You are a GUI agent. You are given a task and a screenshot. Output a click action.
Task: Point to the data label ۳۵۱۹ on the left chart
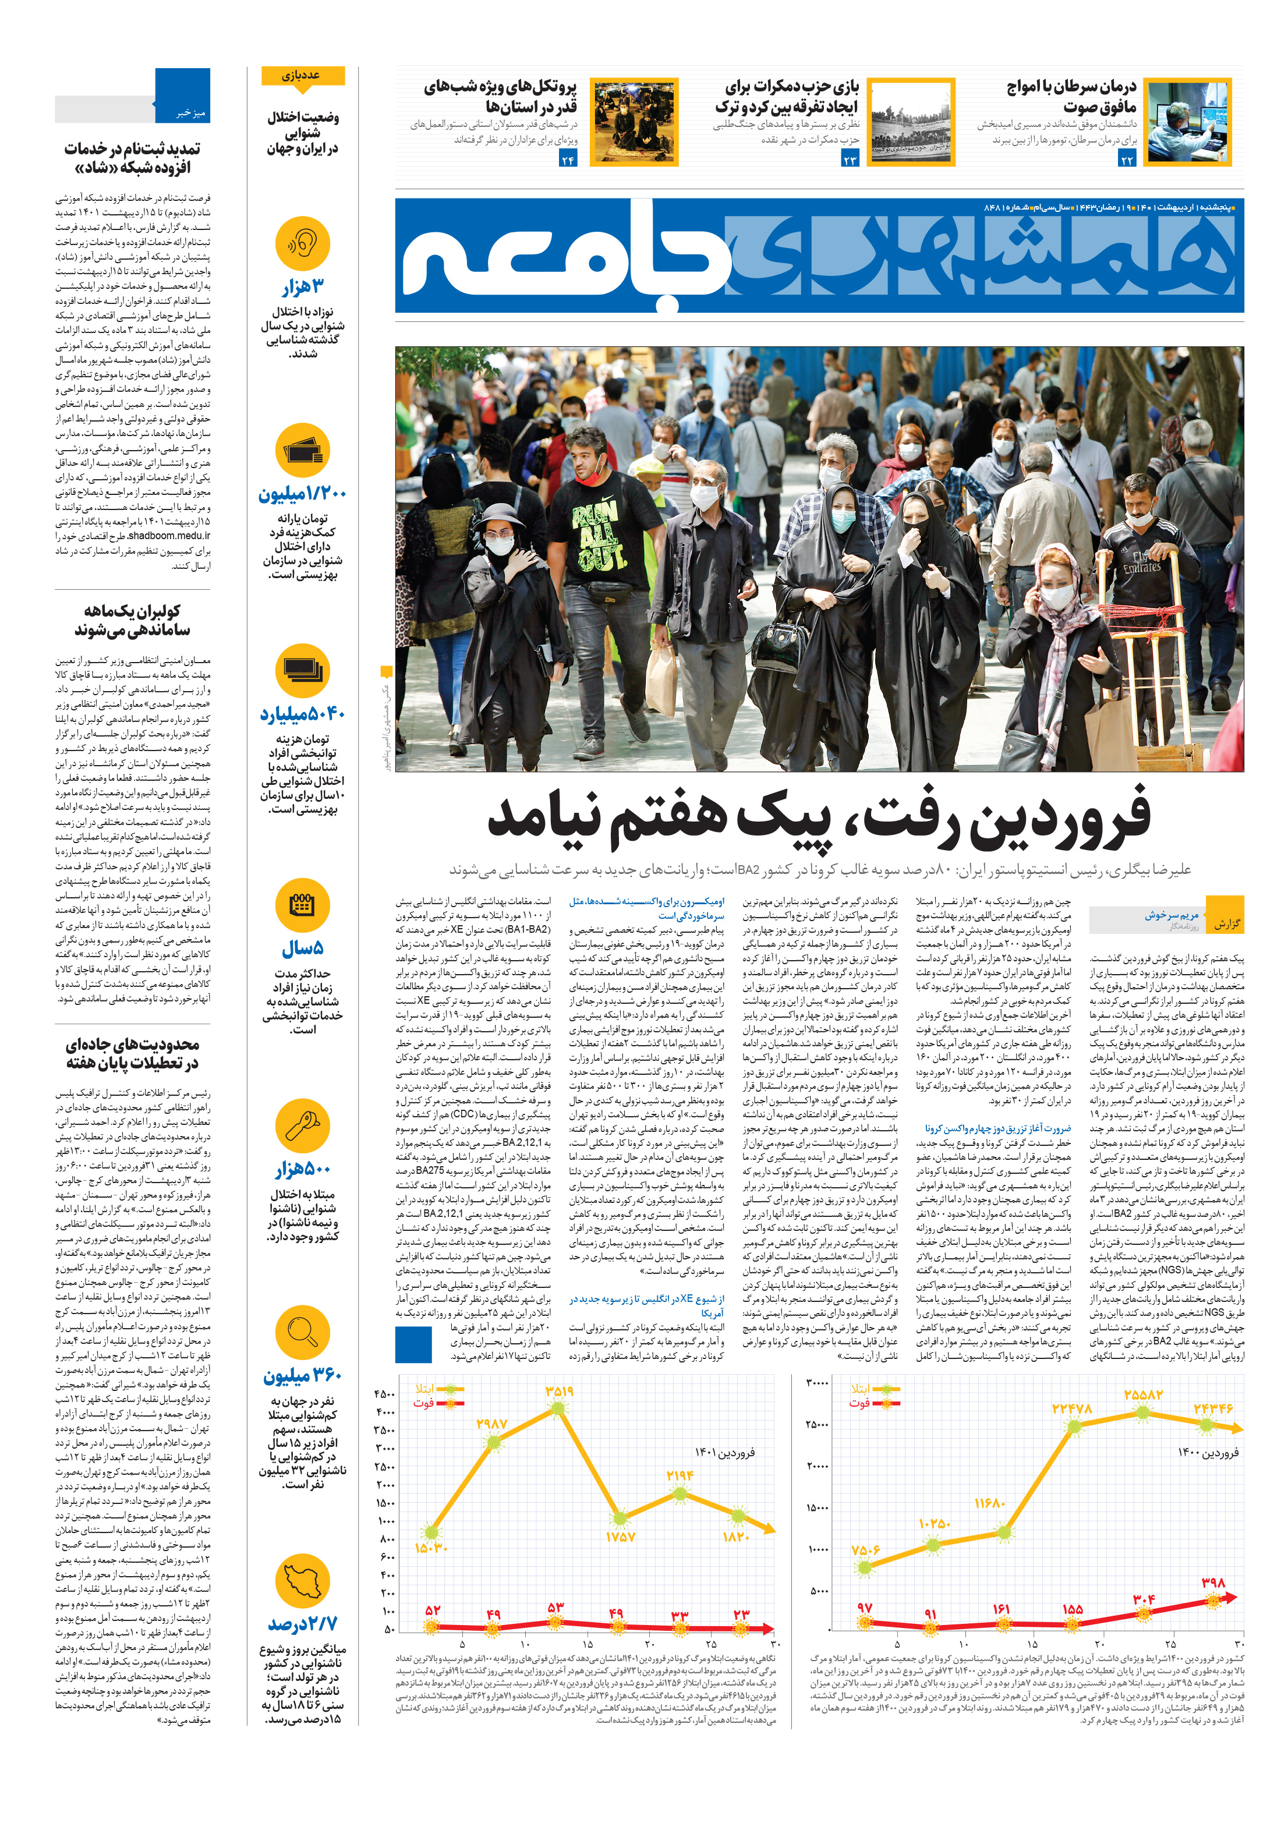click(559, 1391)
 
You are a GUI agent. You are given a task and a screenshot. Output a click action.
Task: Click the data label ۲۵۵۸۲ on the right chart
click(1142, 1395)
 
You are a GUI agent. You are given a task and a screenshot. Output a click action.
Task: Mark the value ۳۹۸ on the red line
click(1212, 1582)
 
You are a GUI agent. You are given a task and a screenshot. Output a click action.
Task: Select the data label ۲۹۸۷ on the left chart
click(492, 1424)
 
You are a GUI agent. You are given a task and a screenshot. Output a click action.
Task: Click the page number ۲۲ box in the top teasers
click(1126, 160)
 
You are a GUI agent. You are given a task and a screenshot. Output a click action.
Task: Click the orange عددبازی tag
click(302, 76)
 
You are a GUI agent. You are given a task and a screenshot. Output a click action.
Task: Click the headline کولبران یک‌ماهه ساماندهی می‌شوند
click(132, 620)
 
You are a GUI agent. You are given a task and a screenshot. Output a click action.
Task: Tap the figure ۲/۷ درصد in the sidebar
click(302, 1623)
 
